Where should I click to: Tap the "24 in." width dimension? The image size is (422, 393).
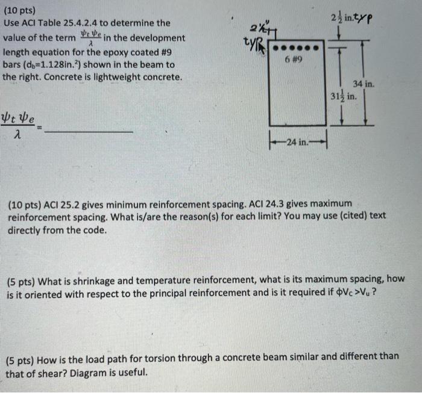pos(298,142)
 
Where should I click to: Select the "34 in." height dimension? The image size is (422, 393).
pos(365,85)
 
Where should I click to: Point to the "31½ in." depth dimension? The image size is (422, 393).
pos(344,96)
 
